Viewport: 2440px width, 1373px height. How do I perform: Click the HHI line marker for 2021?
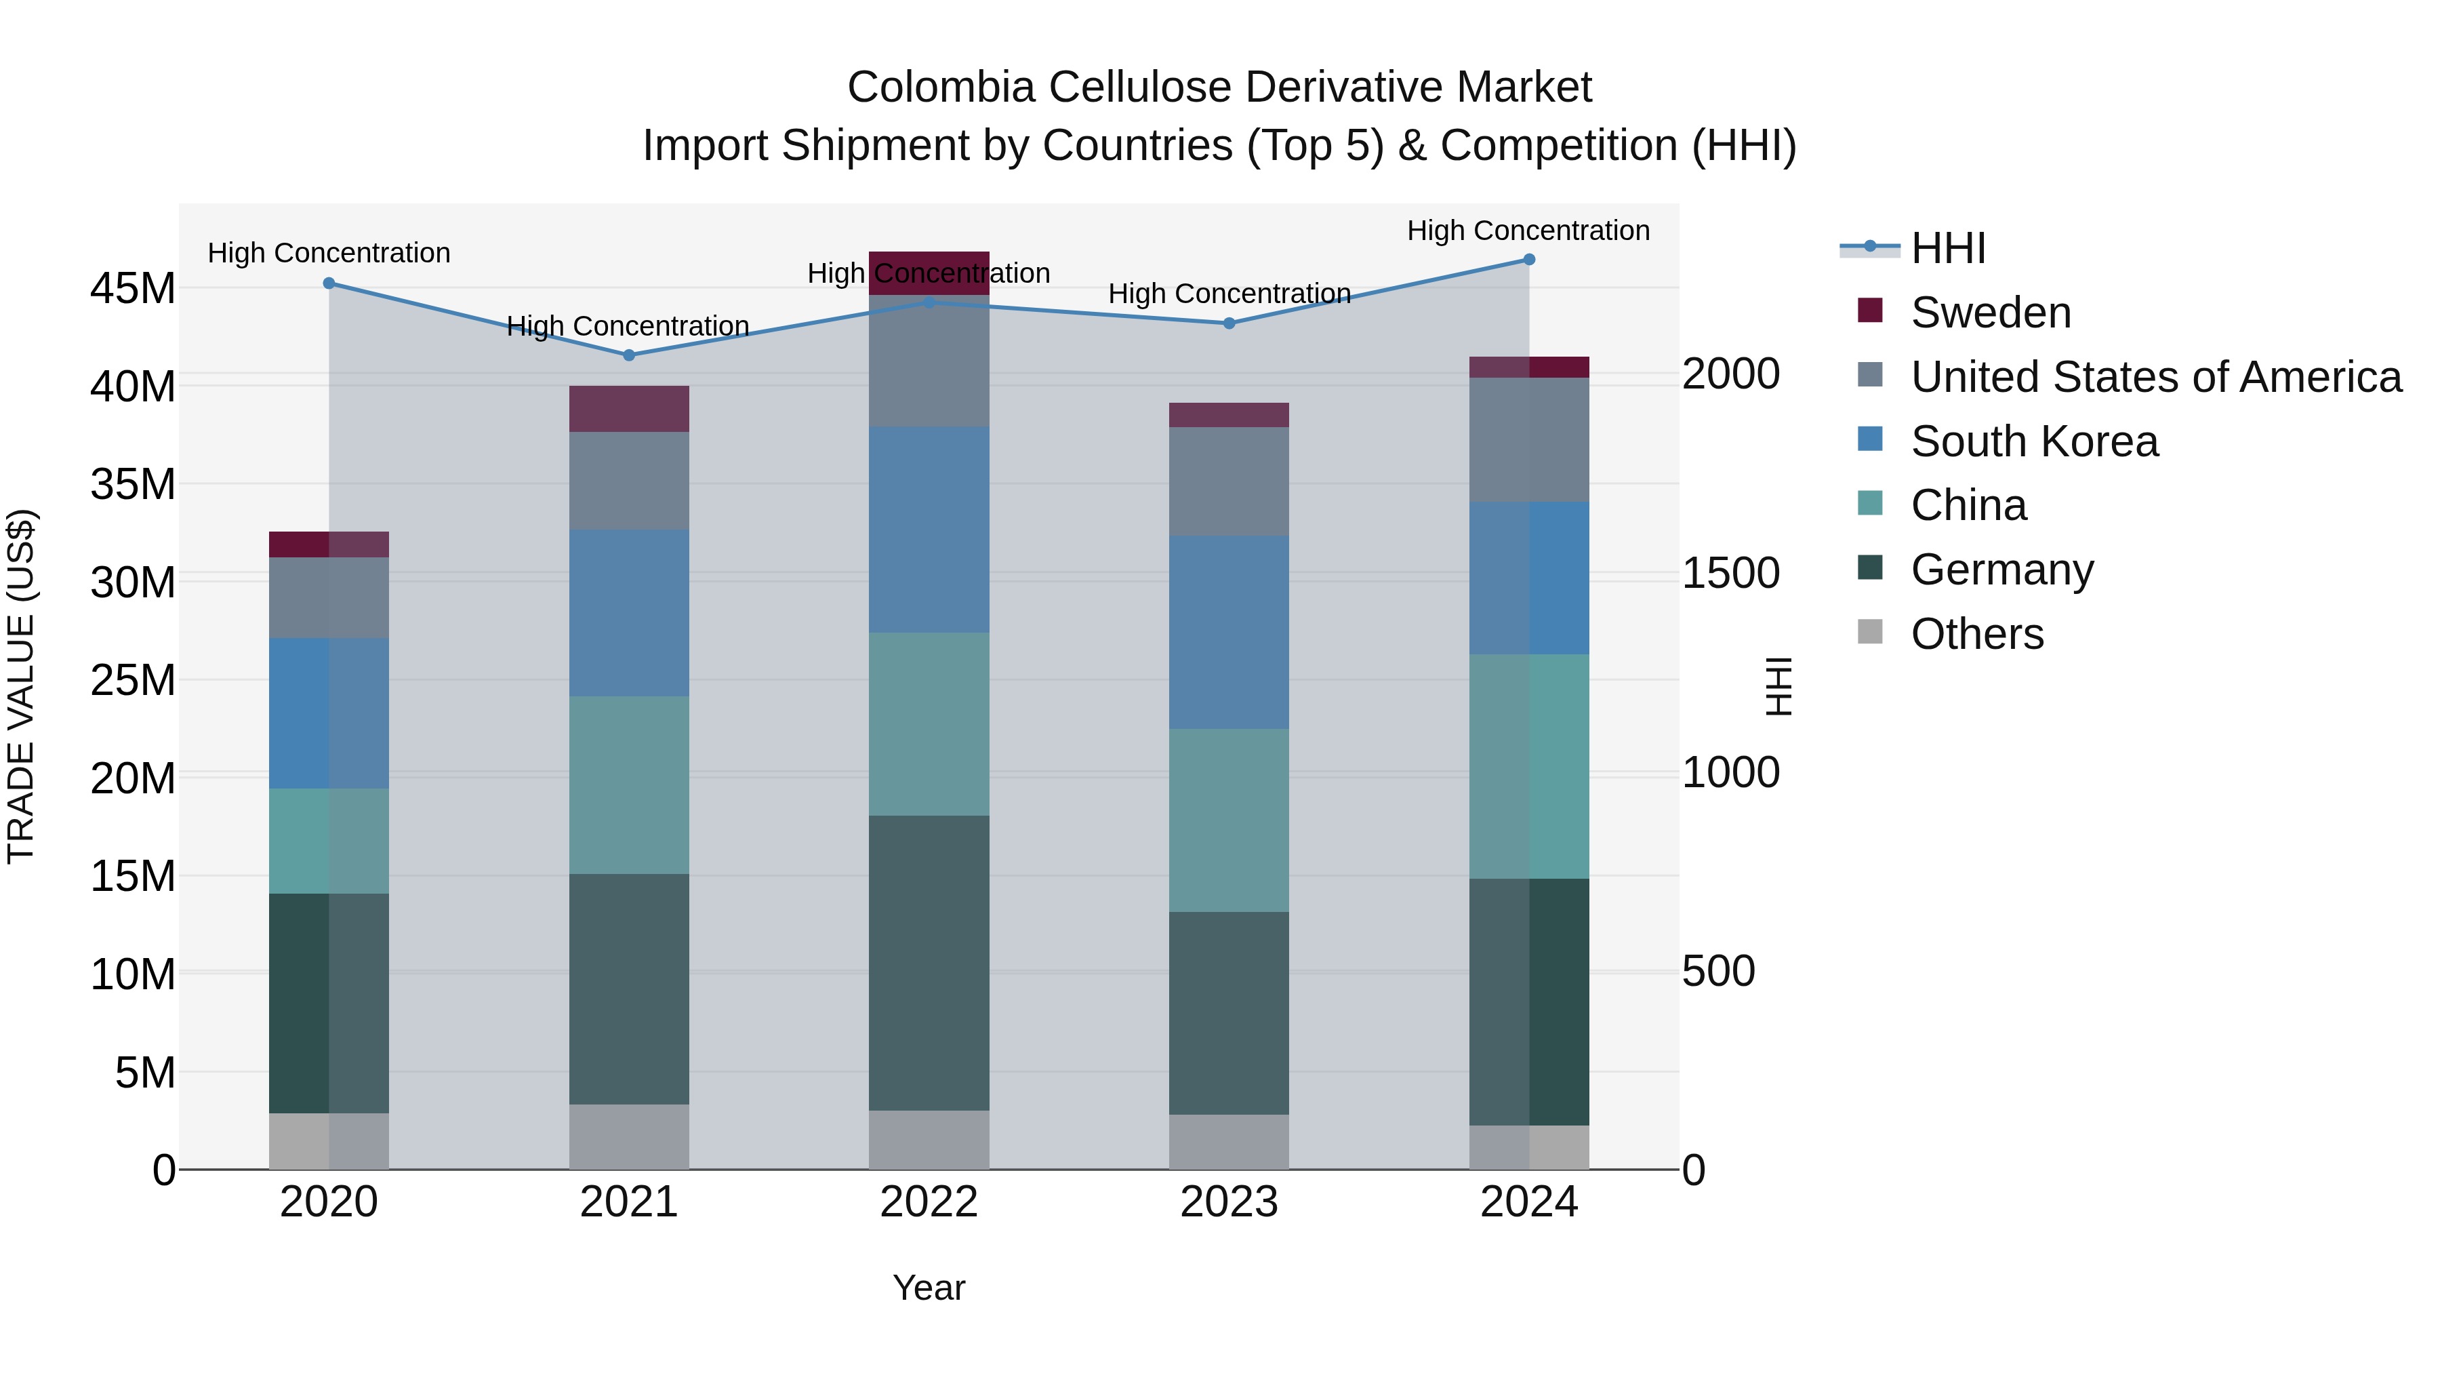[x=629, y=355]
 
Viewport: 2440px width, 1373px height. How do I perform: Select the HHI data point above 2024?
[x=1529, y=260]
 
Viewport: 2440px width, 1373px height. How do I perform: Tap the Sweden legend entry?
[x=1990, y=313]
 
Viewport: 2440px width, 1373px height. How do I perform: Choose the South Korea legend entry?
[x=2033, y=441]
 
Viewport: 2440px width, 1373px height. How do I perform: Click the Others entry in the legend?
[x=1977, y=634]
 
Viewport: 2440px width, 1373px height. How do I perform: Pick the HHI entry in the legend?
[x=1947, y=248]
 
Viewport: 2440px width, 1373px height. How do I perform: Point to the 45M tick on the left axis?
[x=133, y=288]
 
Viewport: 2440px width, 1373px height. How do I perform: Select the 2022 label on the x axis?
[x=929, y=1202]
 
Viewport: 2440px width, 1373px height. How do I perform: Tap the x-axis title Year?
[x=929, y=1288]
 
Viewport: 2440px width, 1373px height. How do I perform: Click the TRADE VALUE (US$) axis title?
[x=21, y=686]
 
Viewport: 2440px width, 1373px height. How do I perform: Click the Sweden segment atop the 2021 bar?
[x=629, y=410]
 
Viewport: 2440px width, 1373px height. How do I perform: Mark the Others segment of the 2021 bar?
[x=629, y=1136]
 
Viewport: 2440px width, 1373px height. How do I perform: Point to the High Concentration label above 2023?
[x=1229, y=294]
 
